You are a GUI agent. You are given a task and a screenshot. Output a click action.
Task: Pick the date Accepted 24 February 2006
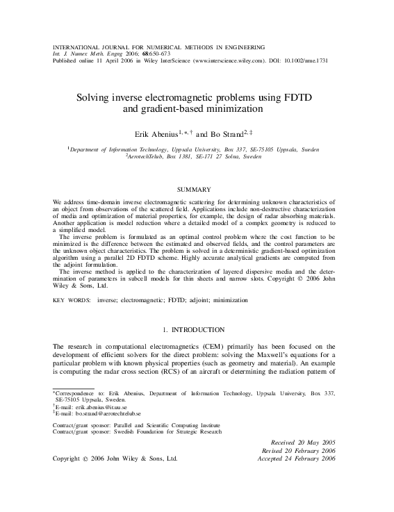pyautogui.click(x=297, y=459)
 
